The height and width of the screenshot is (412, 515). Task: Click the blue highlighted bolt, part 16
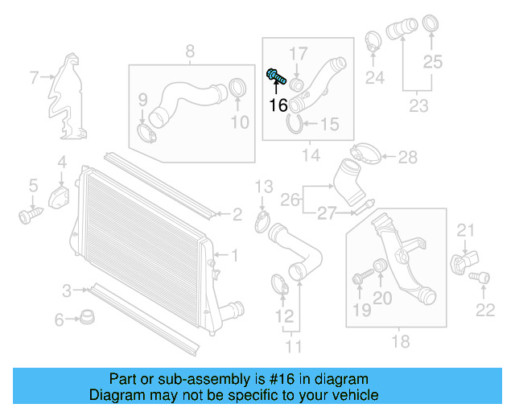click(x=275, y=77)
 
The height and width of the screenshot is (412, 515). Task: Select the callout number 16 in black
click(x=278, y=105)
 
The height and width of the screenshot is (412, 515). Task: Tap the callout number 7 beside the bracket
click(x=34, y=78)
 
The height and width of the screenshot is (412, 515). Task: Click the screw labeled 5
click(x=29, y=215)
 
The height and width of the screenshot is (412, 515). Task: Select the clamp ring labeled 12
click(x=278, y=283)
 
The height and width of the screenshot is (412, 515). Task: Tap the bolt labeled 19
click(x=358, y=278)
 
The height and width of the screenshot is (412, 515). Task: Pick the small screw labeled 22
click(x=481, y=278)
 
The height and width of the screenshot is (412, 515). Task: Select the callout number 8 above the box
click(x=190, y=52)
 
